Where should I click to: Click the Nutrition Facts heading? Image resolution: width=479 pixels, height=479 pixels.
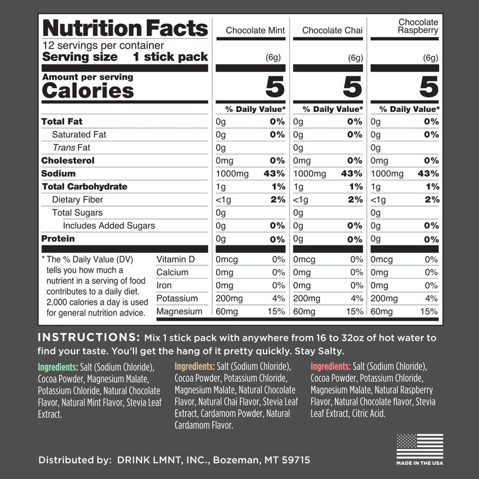(125, 28)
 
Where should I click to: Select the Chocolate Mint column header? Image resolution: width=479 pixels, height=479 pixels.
(255, 30)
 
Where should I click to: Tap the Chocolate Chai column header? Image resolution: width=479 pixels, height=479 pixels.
(330, 30)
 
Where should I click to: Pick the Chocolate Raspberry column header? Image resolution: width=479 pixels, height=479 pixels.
(419, 26)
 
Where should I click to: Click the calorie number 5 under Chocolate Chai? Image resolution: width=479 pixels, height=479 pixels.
(351, 88)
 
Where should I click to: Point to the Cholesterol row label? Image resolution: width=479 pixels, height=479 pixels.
(68, 160)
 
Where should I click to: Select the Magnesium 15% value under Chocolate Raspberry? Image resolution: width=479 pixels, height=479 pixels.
(429, 311)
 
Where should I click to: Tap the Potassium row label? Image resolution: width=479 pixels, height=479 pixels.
(177, 298)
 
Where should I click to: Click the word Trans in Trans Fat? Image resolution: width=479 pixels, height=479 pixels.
(63, 147)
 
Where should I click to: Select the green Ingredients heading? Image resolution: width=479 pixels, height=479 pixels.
(58, 367)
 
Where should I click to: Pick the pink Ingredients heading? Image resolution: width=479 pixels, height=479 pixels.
(331, 367)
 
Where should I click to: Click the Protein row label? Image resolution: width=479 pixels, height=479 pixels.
(58, 239)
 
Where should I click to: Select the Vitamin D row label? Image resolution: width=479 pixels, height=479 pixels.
(176, 259)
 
